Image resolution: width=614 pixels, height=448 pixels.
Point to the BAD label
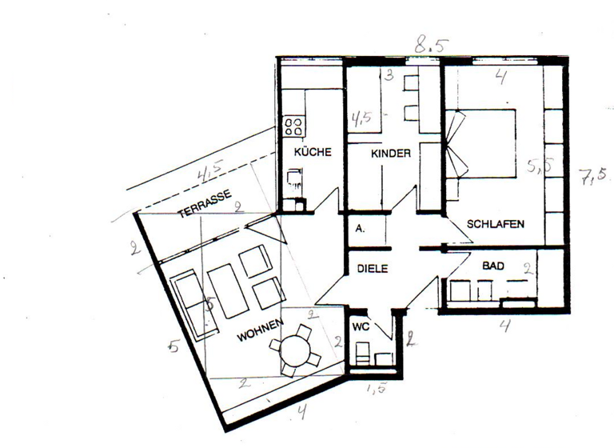(x=492, y=264)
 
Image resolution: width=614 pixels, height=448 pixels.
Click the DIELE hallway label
(x=371, y=270)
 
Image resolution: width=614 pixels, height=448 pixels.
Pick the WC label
(x=361, y=328)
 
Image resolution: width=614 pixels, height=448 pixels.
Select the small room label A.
(x=361, y=228)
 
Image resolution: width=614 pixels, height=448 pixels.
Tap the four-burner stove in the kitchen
(x=293, y=126)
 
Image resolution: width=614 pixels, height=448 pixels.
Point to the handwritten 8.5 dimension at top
(x=429, y=46)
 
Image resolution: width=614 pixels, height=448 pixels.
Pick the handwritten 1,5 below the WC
(x=375, y=390)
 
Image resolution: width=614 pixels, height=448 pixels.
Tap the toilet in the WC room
(x=362, y=353)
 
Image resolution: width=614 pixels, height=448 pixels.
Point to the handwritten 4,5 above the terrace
(x=209, y=171)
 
